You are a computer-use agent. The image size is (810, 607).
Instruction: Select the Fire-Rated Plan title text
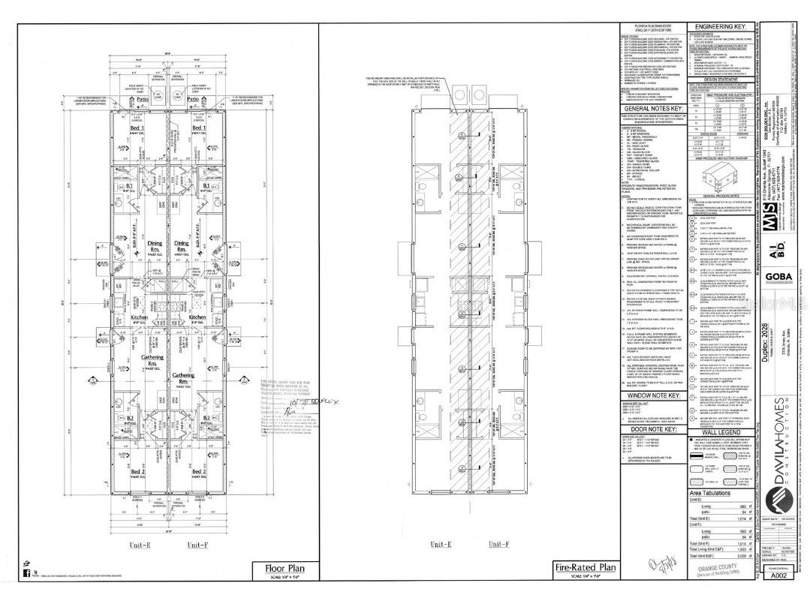[x=585, y=567]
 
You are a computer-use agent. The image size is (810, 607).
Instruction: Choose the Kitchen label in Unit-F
[x=197, y=317]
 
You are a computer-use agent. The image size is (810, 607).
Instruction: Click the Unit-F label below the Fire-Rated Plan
[x=499, y=544]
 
